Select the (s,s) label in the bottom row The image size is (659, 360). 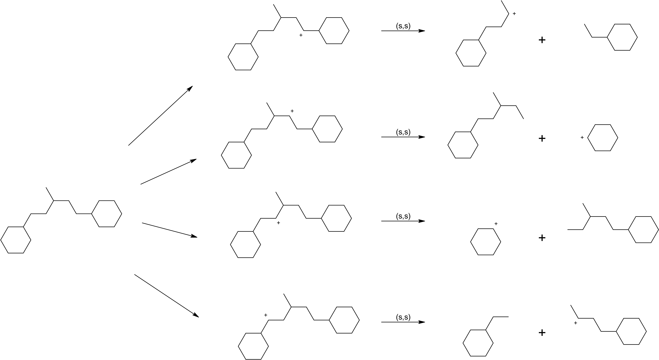403,317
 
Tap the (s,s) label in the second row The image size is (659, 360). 403,132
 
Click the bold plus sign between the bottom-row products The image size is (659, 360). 542,333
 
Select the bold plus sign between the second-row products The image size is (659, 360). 542,138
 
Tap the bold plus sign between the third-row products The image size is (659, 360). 542,238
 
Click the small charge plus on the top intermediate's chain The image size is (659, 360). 301,35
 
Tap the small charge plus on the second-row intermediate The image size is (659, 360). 292,111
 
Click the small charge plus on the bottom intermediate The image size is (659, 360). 266,315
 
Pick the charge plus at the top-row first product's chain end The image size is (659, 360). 514,14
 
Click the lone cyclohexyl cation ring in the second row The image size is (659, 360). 602,138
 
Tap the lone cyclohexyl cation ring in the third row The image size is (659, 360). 486,242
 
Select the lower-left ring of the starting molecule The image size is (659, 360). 16,240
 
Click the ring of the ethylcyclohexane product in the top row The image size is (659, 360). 622,37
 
